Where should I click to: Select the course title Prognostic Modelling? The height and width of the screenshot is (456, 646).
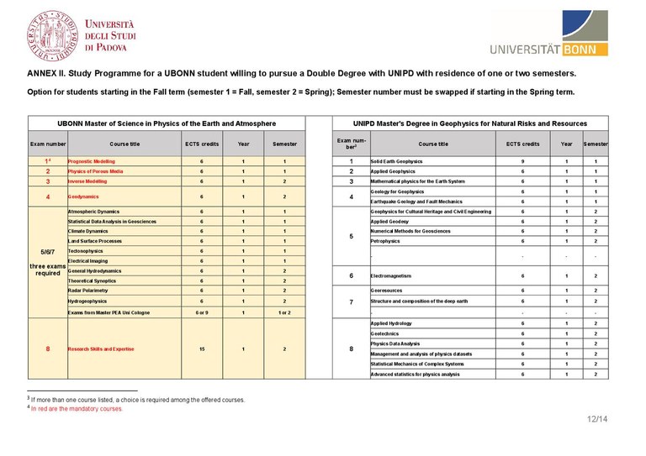point(92,160)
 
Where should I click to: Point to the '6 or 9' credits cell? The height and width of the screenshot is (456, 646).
point(201,312)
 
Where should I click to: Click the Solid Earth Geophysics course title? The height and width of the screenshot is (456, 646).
point(396,160)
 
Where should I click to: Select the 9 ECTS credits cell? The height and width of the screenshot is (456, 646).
point(522,160)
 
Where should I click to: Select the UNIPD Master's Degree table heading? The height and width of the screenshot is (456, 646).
point(470,123)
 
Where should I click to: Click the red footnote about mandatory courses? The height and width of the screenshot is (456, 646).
point(77,408)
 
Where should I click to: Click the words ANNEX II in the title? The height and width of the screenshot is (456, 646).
point(46,73)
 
